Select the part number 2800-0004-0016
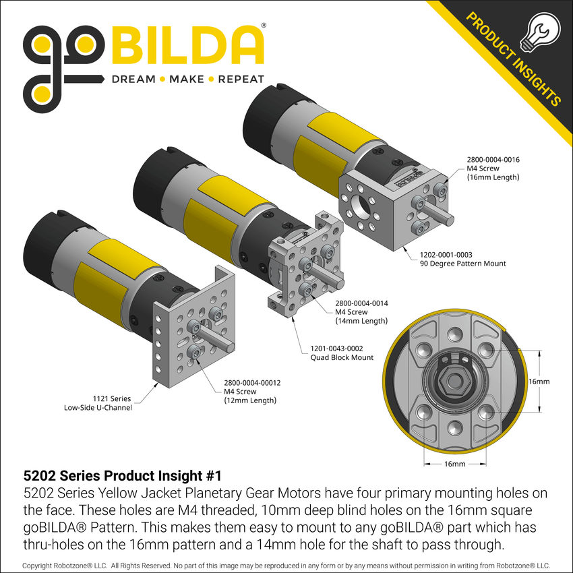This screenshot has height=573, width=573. point(493,160)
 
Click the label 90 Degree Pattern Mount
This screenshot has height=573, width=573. point(462,264)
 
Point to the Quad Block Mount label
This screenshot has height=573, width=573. point(342,357)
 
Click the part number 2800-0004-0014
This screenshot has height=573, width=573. point(361,303)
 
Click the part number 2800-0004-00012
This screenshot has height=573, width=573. point(252,383)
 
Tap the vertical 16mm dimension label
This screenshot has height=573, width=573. point(539,382)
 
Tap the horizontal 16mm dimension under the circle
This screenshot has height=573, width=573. point(455,464)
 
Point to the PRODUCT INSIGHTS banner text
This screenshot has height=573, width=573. point(512,61)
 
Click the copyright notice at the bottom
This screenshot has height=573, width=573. point(286,565)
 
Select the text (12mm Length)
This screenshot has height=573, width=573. point(250,400)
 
